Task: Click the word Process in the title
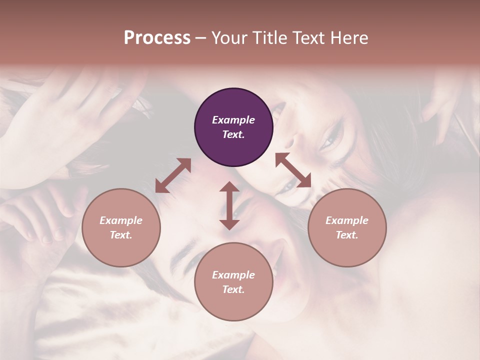pyautogui.click(x=157, y=37)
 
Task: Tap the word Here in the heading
pyautogui.click(x=349, y=37)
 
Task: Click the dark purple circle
pyautogui.click(x=233, y=127)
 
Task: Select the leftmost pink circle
pyautogui.click(x=121, y=227)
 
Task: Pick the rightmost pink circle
pyautogui.click(x=347, y=227)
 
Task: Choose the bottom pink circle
pyautogui.click(x=233, y=282)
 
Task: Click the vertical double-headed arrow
pyautogui.click(x=229, y=205)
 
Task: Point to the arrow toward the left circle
pyautogui.click(x=173, y=175)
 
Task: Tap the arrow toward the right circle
pyautogui.click(x=293, y=170)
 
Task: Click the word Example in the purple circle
pyautogui.click(x=233, y=120)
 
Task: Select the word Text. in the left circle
pyautogui.click(x=121, y=235)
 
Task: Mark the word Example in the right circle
pyautogui.click(x=347, y=220)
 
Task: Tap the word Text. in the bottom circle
pyautogui.click(x=233, y=289)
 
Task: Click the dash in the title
pyautogui.click(x=200, y=37)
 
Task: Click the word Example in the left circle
pyautogui.click(x=121, y=220)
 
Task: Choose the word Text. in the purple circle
pyautogui.click(x=233, y=134)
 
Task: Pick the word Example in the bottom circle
pyautogui.click(x=233, y=275)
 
